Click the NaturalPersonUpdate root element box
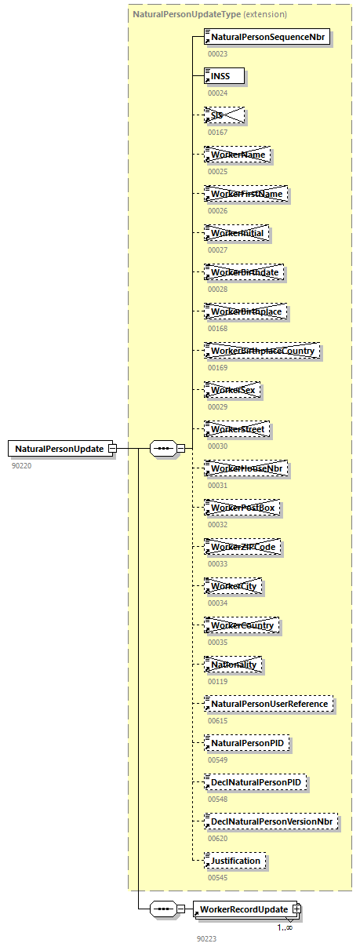coord(59,448)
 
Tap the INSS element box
coord(224,75)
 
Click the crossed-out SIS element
coord(224,115)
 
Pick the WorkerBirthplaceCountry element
coord(262,351)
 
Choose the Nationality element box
coord(233,665)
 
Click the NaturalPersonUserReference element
coord(268,704)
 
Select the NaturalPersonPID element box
coord(247,742)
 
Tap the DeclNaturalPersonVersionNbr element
coord(271,821)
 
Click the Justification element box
coord(235,861)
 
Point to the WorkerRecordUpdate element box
coord(243,909)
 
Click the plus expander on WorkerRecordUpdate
coord(296,909)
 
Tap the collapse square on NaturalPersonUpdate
coord(112,448)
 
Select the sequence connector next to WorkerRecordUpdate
coord(162,909)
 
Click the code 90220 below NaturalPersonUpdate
coord(21,465)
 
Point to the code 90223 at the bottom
coord(207,938)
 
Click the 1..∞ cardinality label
coord(284,927)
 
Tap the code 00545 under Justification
coord(217,877)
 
